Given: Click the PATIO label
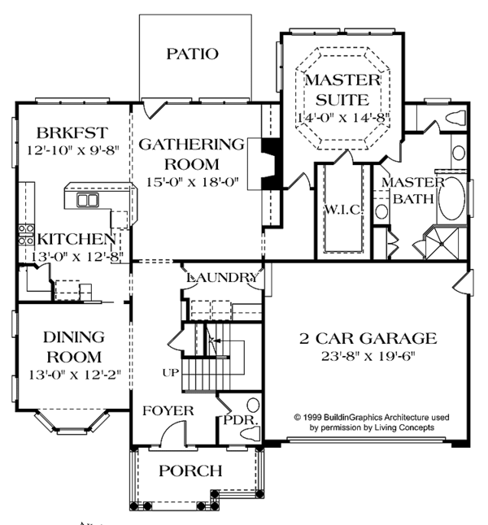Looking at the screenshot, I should click(192, 54).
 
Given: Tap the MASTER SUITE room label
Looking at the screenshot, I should click(342, 89).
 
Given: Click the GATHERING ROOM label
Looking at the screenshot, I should click(191, 154).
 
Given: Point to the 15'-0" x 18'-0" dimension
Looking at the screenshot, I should click(192, 182).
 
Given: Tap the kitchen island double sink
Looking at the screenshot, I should click(86, 199).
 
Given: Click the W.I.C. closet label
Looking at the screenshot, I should click(342, 210).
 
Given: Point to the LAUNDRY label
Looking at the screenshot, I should click(222, 278).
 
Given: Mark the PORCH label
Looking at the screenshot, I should click(190, 470).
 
